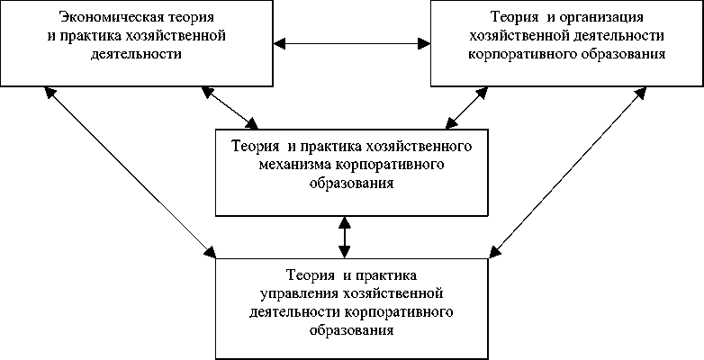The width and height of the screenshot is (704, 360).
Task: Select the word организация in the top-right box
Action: pyautogui.click(x=601, y=17)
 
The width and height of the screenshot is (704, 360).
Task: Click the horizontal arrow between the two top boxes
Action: pyautogui.click(x=352, y=41)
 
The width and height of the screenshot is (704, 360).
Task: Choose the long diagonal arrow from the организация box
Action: pyautogui.click(x=569, y=171)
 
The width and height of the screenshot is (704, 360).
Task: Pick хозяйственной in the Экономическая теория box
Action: pyautogui.click(x=183, y=35)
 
